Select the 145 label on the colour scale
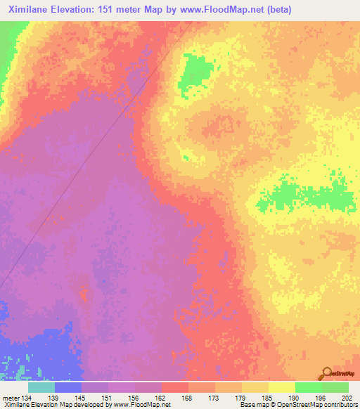pos(82,397)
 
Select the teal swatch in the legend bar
pos(41,387)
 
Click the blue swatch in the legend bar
pos(68,387)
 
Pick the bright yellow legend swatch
pos(281,387)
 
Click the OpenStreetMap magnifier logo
pos(328,372)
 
